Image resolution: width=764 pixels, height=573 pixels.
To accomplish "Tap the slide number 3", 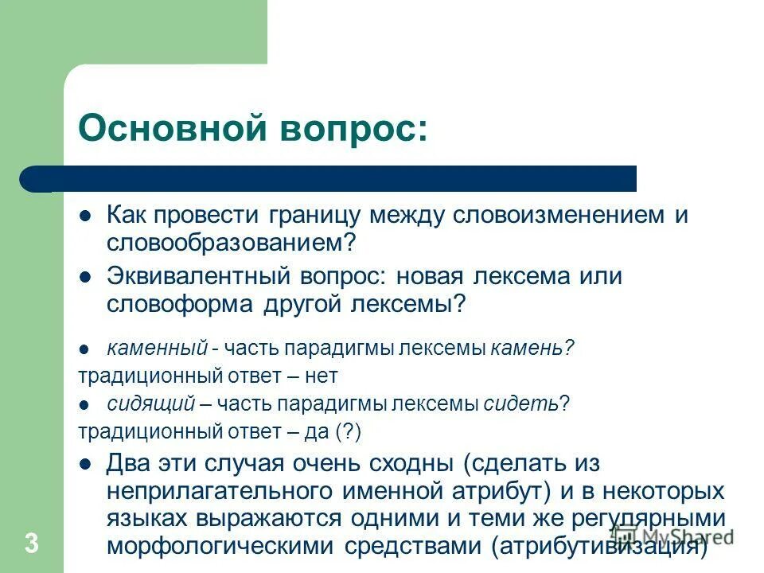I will pyautogui.click(x=32, y=544).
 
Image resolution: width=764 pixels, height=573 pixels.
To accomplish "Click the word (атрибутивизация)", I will pyautogui.click(x=599, y=547).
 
